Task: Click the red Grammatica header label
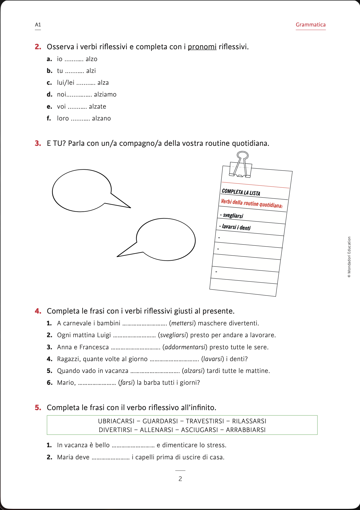(x=310, y=25)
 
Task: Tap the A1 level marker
(x=38, y=25)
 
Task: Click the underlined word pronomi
(x=202, y=47)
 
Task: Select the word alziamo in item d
(x=105, y=95)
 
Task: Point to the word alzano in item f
(x=101, y=118)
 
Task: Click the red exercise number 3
(x=38, y=143)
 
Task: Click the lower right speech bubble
(x=166, y=240)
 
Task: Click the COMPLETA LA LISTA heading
(x=241, y=192)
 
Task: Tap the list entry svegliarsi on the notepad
(x=233, y=216)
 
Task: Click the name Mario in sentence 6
(x=66, y=383)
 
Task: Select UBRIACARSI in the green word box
(x=116, y=421)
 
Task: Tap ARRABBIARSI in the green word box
(x=246, y=430)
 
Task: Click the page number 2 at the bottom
(x=180, y=479)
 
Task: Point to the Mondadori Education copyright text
(x=349, y=257)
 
